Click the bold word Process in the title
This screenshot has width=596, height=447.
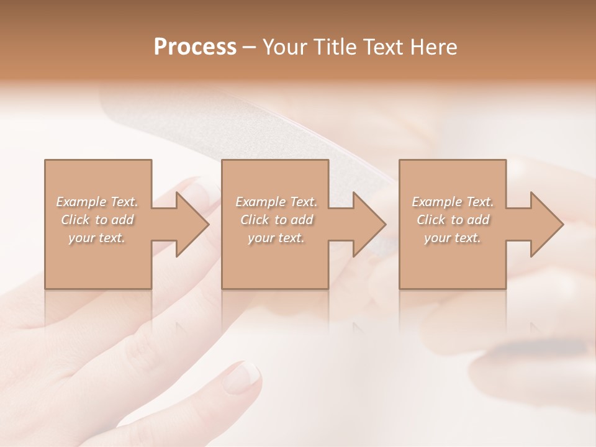tap(195, 47)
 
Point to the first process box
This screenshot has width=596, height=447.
tap(98, 261)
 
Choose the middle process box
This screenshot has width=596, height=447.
tap(275, 261)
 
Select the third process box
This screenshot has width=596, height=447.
tap(453, 261)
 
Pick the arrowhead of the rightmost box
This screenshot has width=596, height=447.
tap(546, 224)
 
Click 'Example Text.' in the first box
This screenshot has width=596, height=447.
tap(97, 202)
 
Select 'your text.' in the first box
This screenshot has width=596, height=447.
tap(97, 238)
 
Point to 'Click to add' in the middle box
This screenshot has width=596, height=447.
tap(276, 220)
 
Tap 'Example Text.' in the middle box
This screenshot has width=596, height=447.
tap(276, 202)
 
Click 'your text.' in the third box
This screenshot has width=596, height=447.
tap(453, 238)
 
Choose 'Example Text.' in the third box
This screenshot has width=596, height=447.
tap(453, 202)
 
